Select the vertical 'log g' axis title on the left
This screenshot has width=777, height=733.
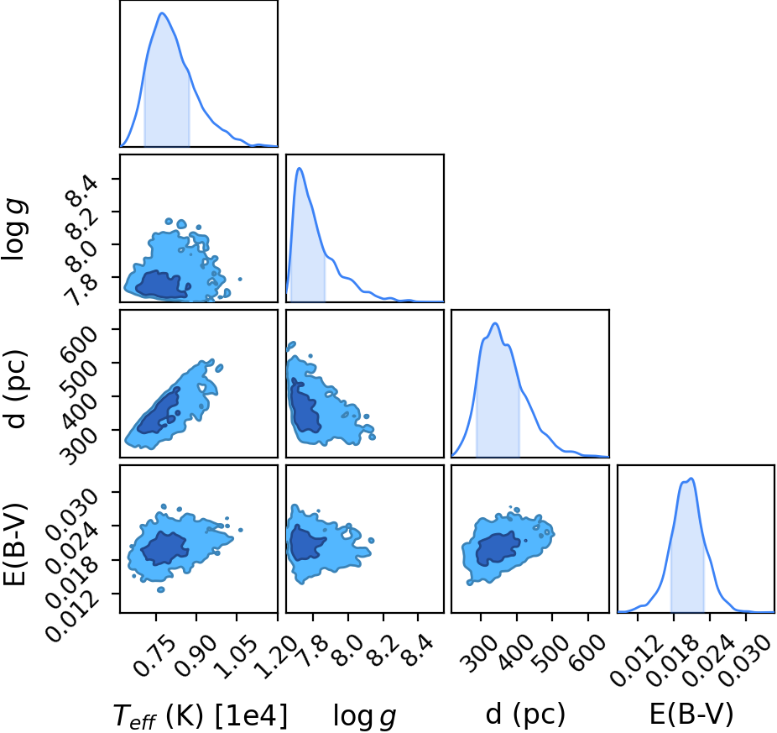15,228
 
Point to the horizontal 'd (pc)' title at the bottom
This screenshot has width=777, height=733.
525,715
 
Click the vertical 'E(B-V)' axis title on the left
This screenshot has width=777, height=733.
14,545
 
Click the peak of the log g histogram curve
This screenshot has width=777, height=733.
300,168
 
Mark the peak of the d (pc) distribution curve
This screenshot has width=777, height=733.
494,323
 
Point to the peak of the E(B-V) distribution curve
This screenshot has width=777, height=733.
691,479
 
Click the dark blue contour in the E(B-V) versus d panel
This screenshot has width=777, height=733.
498,548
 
